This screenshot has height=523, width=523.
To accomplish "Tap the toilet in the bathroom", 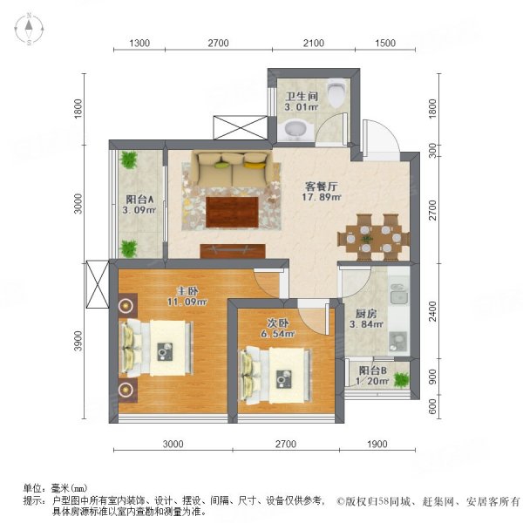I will click(x=335, y=91).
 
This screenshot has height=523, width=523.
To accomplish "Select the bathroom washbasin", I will click(x=296, y=131).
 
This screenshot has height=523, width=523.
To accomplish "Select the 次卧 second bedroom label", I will click(x=278, y=321).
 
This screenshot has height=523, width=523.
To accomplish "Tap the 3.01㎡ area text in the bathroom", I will click(x=301, y=107).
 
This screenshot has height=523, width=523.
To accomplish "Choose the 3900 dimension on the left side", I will click(x=78, y=343).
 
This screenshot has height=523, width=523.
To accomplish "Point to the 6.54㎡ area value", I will click(x=278, y=333).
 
